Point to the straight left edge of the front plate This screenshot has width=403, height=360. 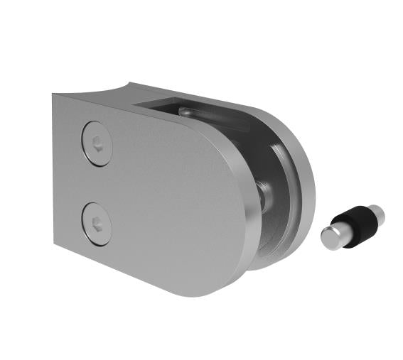click(x=53, y=170)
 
